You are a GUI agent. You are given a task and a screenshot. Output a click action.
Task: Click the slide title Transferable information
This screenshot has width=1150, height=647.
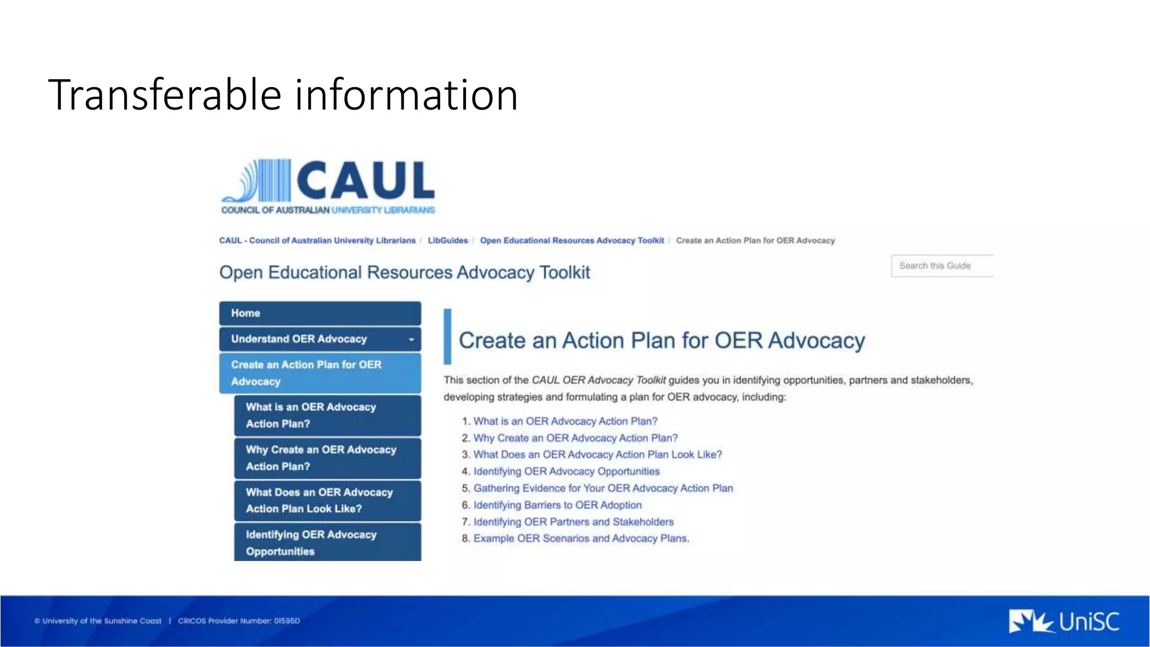(283, 95)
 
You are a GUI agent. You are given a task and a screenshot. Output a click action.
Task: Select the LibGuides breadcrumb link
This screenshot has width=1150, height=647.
(448, 240)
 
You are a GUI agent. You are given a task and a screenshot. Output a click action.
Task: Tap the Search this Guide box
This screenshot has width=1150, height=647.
(941, 266)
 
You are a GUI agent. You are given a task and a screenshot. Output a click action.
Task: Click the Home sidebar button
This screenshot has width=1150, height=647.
(320, 313)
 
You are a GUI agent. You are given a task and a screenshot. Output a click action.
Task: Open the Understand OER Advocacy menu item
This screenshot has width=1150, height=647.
(299, 339)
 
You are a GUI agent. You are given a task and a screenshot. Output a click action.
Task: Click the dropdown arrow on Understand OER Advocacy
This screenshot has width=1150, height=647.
(411, 339)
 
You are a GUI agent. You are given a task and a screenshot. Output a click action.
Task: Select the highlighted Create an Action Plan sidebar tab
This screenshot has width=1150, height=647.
(320, 373)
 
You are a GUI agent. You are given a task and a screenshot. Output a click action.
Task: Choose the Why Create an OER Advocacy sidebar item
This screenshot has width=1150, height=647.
(327, 458)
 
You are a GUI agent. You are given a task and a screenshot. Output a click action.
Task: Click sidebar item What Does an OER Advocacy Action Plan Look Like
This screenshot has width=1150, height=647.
(327, 500)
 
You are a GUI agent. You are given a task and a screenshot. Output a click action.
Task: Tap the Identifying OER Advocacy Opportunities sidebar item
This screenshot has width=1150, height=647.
(327, 543)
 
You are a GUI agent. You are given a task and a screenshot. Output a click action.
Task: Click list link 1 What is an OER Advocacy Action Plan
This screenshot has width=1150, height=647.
(565, 421)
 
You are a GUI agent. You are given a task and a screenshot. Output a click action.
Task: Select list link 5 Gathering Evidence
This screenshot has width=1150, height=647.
(603, 488)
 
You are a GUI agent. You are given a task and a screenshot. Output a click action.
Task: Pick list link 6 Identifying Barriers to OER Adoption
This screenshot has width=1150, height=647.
(557, 505)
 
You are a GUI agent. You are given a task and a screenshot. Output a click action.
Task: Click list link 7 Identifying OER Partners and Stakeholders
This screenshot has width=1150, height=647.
(573, 522)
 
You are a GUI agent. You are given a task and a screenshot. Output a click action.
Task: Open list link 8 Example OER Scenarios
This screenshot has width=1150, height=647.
(581, 539)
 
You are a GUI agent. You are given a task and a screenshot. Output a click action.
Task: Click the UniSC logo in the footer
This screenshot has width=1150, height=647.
(1064, 621)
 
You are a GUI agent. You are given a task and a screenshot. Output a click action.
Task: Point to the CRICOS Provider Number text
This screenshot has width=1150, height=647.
(239, 621)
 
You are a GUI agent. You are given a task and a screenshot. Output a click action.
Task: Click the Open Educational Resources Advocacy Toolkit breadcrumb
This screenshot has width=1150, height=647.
(572, 240)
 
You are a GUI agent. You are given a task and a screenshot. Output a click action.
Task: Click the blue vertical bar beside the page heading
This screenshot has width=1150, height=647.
(448, 336)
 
